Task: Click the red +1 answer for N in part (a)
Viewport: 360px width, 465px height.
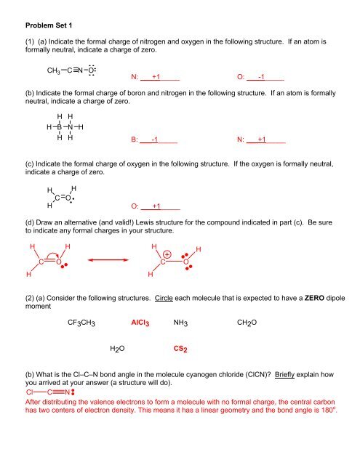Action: (x=152, y=76)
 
